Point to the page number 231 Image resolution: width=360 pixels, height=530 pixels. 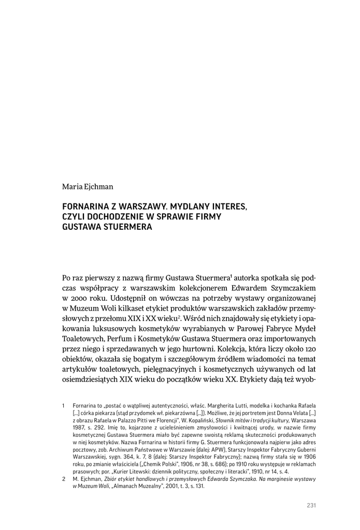311,506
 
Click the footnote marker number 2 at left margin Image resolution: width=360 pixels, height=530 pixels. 63,479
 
